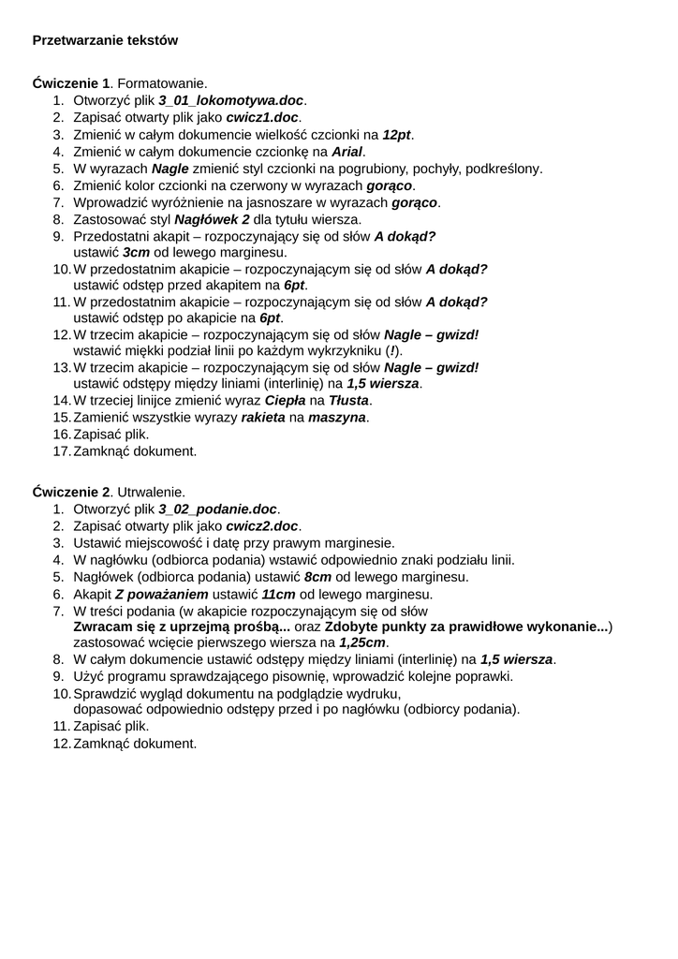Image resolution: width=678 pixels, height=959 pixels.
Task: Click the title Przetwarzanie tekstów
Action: point(105,40)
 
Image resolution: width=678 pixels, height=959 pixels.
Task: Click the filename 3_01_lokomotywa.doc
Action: point(231,100)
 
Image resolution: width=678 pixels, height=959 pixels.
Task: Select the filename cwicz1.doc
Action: point(262,117)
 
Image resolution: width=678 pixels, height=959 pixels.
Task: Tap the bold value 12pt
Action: point(397,135)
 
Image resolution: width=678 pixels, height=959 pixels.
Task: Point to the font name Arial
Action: point(347,152)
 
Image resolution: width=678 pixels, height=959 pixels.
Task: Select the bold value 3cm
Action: point(136,253)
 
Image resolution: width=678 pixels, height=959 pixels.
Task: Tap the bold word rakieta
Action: point(263,417)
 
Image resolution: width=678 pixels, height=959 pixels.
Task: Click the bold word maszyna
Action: point(337,417)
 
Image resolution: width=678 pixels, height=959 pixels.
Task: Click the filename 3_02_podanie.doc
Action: point(218,509)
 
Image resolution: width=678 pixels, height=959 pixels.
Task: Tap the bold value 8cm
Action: point(320,577)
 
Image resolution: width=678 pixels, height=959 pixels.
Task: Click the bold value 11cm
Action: point(278,594)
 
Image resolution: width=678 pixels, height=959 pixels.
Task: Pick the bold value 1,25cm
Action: point(362,642)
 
